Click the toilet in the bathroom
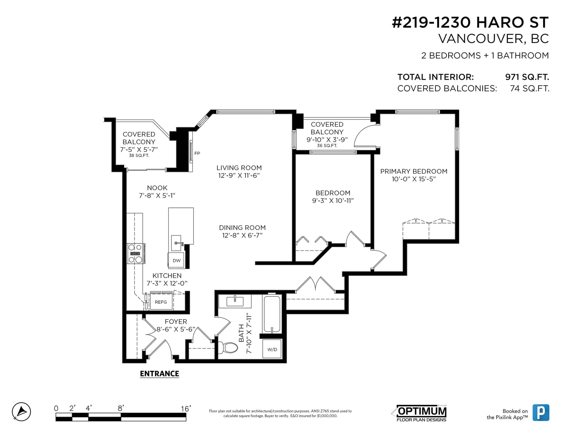(228, 348)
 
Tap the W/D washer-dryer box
(272, 349)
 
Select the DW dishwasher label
(176, 260)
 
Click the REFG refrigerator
(161, 302)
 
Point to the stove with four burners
(136, 253)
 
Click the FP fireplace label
(197, 153)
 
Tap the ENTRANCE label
(159, 374)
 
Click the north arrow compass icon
(21, 412)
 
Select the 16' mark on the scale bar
(186, 408)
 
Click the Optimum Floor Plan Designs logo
(421, 413)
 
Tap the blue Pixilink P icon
(541, 413)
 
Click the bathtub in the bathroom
(272, 314)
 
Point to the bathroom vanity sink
(235, 301)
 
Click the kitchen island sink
(177, 243)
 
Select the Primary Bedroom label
(414, 171)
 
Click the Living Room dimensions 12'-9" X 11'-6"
(239, 175)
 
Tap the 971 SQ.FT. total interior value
(527, 77)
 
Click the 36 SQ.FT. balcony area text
(327, 146)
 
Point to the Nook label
(157, 188)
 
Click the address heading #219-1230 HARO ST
(470, 22)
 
